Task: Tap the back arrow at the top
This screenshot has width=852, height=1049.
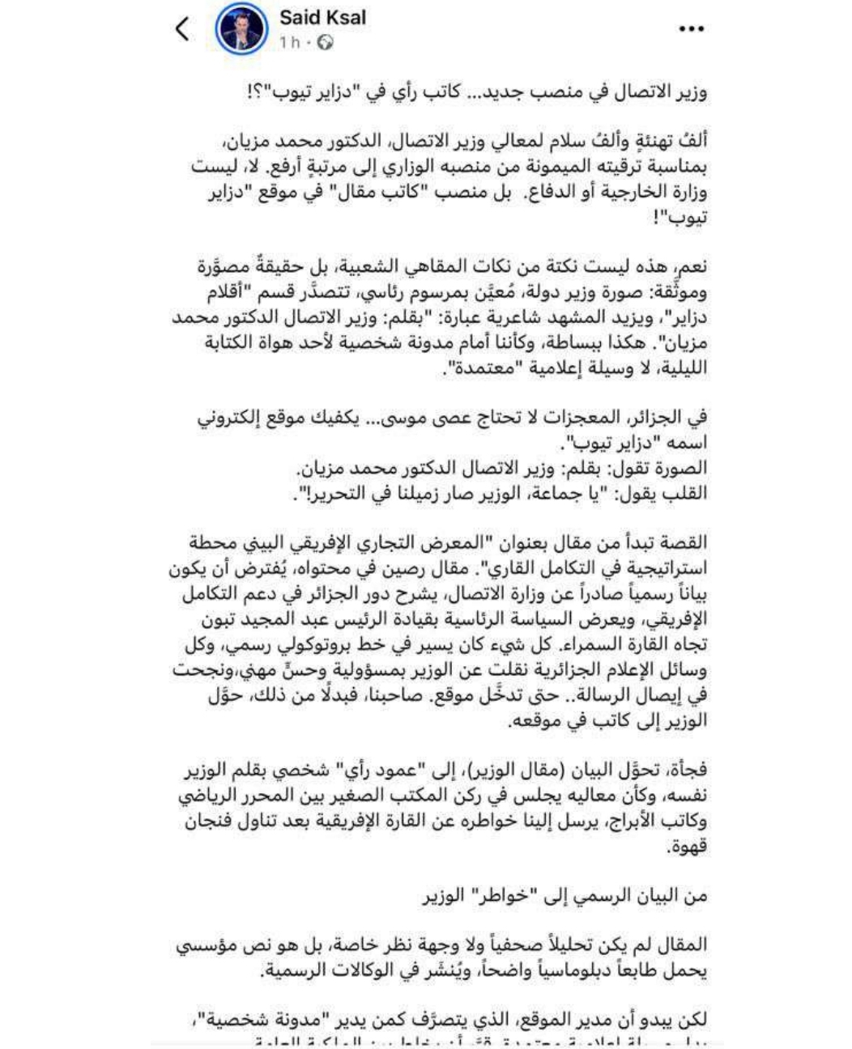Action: pyautogui.click(x=181, y=29)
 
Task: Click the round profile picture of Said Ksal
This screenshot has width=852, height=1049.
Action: pyautogui.click(x=241, y=29)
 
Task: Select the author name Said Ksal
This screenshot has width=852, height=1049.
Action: pyautogui.click(x=322, y=17)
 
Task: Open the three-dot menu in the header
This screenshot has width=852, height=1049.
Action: pyautogui.click(x=690, y=29)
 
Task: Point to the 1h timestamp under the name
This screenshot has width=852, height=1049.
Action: pyautogui.click(x=289, y=41)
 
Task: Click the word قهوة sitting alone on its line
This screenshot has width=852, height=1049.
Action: pyautogui.click(x=688, y=846)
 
